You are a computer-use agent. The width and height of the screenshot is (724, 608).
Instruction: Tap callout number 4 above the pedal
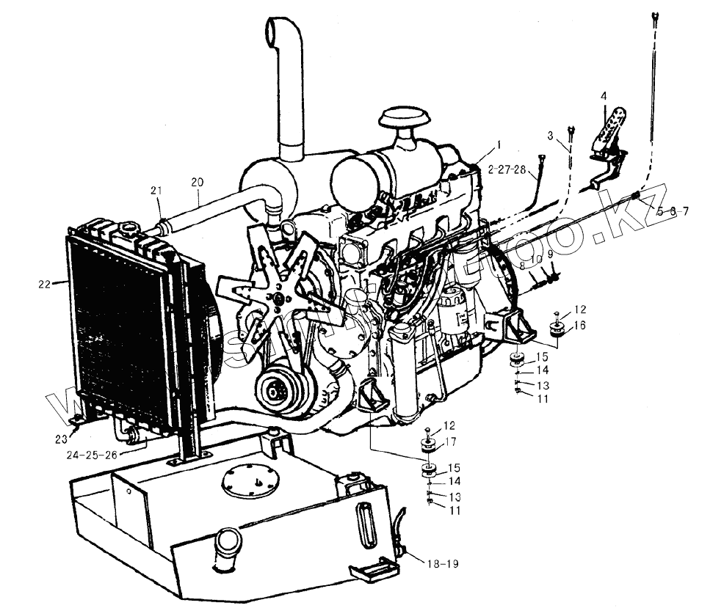[x=604, y=96]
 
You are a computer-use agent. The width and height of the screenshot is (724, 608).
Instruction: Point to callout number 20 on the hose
[x=197, y=181]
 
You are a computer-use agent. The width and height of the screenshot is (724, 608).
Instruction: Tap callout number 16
[x=579, y=325]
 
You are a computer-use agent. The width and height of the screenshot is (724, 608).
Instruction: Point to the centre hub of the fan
[x=277, y=298]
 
